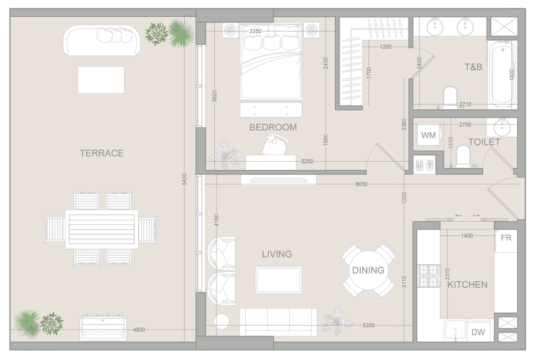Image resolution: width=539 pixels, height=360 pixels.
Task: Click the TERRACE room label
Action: (102, 153)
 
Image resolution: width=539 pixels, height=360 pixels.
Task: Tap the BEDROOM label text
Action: (273, 127)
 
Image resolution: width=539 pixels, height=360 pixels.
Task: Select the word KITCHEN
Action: (467, 284)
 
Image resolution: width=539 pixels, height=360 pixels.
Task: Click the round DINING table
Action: (368, 270)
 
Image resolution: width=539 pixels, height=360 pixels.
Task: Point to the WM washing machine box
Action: (429, 135)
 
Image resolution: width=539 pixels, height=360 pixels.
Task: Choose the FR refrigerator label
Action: (506, 237)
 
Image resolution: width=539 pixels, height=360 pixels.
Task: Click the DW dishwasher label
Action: (478, 332)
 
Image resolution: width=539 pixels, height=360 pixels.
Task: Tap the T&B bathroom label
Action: (473, 67)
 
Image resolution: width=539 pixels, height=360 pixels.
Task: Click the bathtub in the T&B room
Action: (503, 75)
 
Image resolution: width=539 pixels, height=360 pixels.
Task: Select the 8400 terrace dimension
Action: (184, 179)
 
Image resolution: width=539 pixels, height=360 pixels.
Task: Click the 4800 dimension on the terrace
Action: (139, 330)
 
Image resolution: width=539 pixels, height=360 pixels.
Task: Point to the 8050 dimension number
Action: (361, 184)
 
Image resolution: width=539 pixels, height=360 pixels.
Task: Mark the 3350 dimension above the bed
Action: (255, 31)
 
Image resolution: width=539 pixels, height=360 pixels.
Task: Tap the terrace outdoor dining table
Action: (102, 229)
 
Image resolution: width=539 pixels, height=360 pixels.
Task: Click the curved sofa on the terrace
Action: (102, 40)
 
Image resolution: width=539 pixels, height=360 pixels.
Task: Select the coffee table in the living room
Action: (278, 280)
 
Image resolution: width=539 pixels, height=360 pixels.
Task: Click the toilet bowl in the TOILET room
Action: (463, 156)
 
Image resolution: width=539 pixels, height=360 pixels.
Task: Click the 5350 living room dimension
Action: (369, 325)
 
